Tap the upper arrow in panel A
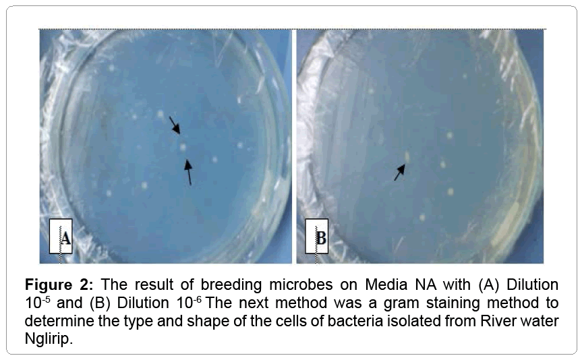tap(174, 125)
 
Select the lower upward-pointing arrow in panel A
tap(188, 171)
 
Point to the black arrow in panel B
tap(400, 173)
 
